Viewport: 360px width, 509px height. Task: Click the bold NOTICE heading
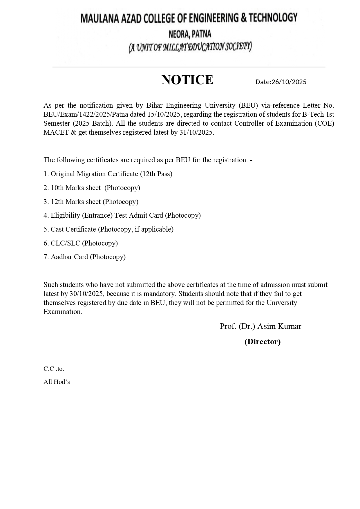[x=187, y=80]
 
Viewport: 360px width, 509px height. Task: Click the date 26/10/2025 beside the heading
[x=289, y=82]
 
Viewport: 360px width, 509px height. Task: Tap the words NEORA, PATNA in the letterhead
[x=190, y=35]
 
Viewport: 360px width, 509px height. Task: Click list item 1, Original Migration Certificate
[x=108, y=174]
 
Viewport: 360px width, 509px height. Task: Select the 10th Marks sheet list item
[x=92, y=188]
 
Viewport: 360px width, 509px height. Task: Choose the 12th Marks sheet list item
[x=91, y=202]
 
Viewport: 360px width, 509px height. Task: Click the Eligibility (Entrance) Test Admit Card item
[x=122, y=215]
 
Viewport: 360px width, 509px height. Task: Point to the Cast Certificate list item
[x=108, y=229]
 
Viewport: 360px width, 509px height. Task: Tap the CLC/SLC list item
[x=81, y=243]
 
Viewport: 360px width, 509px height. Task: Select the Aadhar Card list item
[x=85, y=257]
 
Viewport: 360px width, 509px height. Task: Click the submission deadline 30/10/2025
[x=86, y=294]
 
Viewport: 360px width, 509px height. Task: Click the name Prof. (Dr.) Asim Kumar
[x=260, y=326]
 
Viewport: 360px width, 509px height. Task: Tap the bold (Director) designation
[x=262, y=342]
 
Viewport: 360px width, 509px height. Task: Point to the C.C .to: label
[x=54, y=369]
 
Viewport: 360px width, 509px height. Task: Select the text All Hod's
[x=57, y=382]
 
